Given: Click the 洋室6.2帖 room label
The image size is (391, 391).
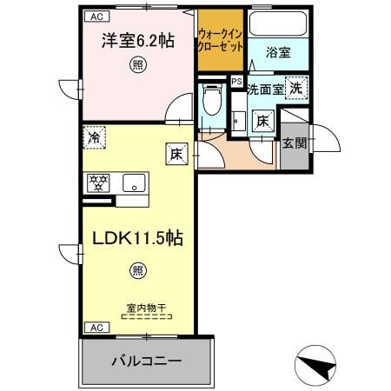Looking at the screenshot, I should click(135, 40).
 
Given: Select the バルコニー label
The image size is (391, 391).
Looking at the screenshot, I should click(146, 360).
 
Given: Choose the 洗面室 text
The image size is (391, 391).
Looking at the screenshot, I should click(264, 88).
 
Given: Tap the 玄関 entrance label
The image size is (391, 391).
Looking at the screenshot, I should click(294, 142).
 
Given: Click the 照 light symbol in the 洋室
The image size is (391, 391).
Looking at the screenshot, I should click(136, 63).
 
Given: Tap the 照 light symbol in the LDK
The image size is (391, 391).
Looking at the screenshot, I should click(137, 270).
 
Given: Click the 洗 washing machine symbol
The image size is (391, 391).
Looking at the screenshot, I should click(296, 87).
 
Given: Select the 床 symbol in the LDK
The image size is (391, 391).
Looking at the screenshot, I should click(176, 155).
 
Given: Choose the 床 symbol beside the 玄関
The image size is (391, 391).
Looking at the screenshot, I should click(263, 121).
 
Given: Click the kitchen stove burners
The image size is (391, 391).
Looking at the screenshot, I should click(99, 182).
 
